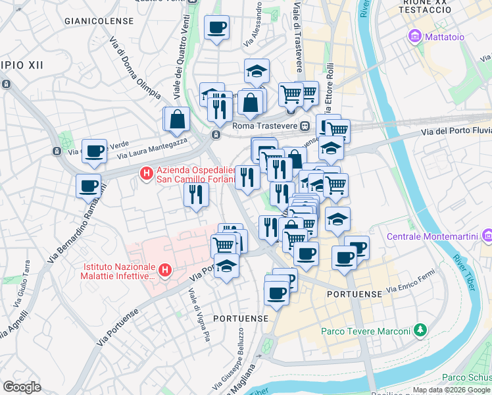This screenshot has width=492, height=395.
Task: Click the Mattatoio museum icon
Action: (415, 36)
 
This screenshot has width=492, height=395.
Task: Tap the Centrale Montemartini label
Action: (431, 236)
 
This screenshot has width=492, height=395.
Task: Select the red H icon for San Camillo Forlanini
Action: (146, 174)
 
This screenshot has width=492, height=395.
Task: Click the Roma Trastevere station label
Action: (266, 126)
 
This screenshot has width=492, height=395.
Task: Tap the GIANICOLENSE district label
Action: (97, 21)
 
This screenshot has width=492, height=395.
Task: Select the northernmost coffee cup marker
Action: (216, 28)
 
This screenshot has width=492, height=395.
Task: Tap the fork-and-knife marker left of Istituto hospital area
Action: (197, 194)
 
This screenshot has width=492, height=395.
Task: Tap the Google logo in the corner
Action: (22, 387)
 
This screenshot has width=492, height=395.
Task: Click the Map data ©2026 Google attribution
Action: (451, 390)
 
